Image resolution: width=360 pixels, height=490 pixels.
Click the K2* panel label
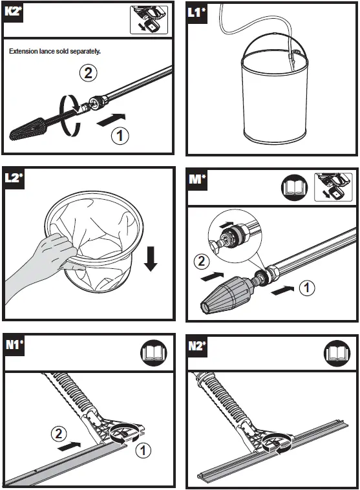pyautogui.click(x=14, y=12)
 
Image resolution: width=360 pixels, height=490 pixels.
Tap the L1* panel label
pyautogui.click(x=197, y=13)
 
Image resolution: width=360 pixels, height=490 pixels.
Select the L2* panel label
pyautogui.click(x=14, y=178)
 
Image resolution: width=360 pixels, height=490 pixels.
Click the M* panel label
pyautogui.click(x=197, y=180)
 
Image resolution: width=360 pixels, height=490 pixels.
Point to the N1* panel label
pyautogui.click(x=14, y=345)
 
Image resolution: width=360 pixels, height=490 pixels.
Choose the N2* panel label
pyautogui.click(x=198, y=346)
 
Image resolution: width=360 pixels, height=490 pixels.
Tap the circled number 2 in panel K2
pyautogui.click(x=88, y=73)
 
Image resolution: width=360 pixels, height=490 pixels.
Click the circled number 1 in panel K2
pyautogui.click(x=120, y=136)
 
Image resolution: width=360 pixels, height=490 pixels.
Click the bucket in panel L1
pyautogui.click(x=275, y=95)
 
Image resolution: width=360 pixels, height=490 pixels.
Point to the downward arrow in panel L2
pyautogui.click(x=151, y=259)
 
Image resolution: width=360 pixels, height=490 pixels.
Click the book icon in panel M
pyautogui.click(x=294, y=187)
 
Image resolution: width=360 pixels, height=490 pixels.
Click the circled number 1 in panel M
pyautogui.click(x=307, y=288)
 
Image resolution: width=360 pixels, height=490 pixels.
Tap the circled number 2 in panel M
pyautogui.click(x=202, y=261)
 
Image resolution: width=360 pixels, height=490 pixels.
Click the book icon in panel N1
pyautogui.click(x=154, y=353)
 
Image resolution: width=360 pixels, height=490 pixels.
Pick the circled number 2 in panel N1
pyautogui.click(x=59, y=434)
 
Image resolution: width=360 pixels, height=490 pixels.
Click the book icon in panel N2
pyautogui.click(x=337, y=354)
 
